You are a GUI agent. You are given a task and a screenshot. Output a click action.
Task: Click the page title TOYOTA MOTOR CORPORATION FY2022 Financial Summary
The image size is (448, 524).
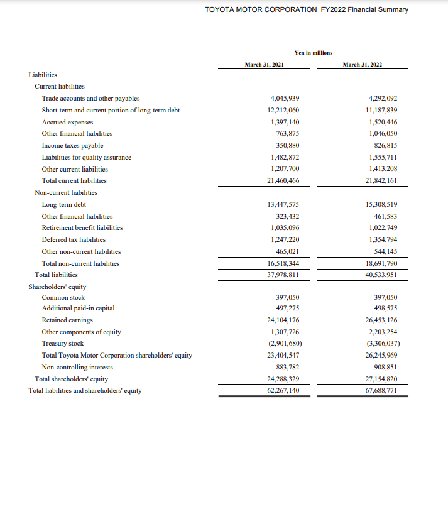click(x=307, y=9)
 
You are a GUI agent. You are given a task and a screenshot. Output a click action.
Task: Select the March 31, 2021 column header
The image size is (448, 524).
click(x=265, y=65)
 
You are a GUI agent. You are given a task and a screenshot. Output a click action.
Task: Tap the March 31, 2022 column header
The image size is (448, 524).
click(x=362, y=65)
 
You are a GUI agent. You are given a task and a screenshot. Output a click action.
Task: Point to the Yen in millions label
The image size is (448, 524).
click(x=313, y=53)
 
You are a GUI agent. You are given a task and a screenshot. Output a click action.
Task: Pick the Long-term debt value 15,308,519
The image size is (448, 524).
click(x=381, y=204)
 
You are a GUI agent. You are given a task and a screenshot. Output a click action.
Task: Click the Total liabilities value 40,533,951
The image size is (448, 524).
click(x=381, y=275)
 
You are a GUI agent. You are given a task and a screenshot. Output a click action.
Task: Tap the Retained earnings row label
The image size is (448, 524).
click(x=66, y=320)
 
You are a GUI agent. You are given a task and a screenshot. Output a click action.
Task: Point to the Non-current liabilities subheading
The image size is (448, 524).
click(x=66, y=192)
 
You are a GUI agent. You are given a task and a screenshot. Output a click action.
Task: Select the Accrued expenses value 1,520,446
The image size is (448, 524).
click(x=381, y=122)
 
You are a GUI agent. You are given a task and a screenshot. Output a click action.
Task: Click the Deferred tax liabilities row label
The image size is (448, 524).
click(x=74, y=239)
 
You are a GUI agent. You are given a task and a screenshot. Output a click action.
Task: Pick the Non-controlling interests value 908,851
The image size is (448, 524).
click(x=385, y=367)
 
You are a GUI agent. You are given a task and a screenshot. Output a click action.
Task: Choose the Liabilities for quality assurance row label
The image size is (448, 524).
click(x=86, y=157)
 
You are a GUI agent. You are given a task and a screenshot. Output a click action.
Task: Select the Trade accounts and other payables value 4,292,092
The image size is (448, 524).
click(x=381, y=98)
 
